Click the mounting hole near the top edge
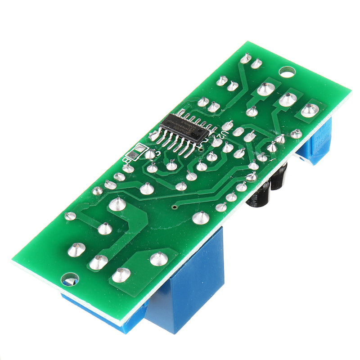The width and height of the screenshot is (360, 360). pyautogui.click(x=286, y=72)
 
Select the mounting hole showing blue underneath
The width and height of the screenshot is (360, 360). pyautogui.click(x=70, y=280)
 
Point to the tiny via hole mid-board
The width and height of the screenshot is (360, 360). pyautogui.click(x=174, y=207)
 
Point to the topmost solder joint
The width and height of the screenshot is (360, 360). pyautogui.click(x=245, y=58)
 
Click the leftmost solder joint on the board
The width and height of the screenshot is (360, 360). pyautogui.click(x=70, y=216)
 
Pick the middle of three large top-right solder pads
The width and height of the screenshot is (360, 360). pyautogui.click(x=287, y=99)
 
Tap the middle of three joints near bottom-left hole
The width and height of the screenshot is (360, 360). pyautogui.click(x=98, y=262)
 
